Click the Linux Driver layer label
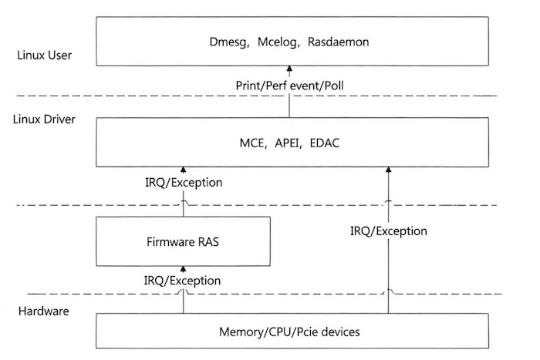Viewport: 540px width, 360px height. [x=43, y=121]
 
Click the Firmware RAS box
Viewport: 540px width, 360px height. [x=183, y=241]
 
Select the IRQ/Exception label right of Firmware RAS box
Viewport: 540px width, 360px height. [x=388, y=230]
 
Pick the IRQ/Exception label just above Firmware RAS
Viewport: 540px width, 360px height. [x=184, y=183]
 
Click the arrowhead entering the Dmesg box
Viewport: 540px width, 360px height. [x=290, y=72]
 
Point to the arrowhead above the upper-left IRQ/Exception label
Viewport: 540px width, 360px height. [x=184, y=169]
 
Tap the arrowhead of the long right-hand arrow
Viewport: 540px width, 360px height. [x=388, y=169]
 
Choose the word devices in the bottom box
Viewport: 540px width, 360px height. [x=340, y=332]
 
